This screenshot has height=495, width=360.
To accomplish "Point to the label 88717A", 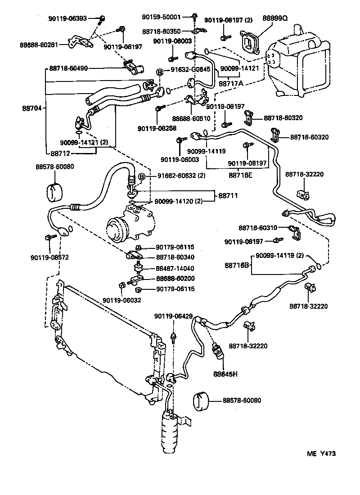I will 231,83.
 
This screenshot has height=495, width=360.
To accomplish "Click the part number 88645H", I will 225,373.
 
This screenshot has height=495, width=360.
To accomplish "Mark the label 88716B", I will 237,266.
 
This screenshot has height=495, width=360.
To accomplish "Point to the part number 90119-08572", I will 49,257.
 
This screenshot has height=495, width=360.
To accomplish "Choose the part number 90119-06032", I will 121,300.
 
